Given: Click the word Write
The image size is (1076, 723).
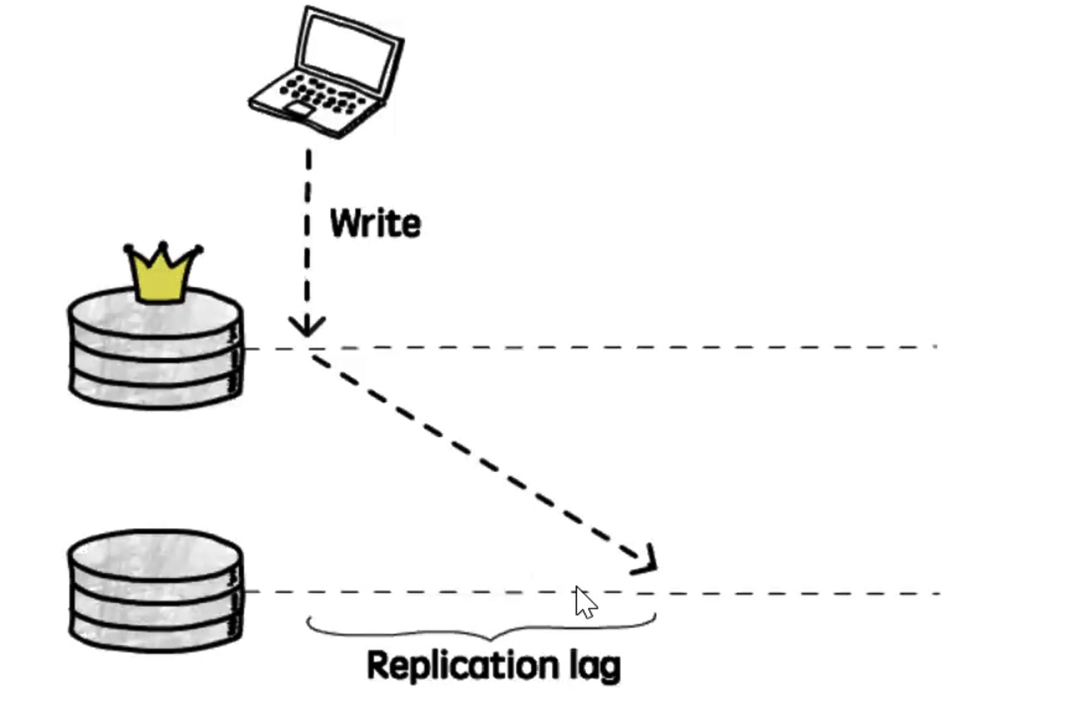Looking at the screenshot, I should click(375, 223).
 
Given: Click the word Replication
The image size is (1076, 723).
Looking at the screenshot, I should click(462, 666).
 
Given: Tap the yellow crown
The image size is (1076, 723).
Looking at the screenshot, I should click(162, 275).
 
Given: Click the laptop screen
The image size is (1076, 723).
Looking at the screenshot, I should click(348, 52).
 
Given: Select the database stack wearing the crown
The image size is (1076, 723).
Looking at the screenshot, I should click(155, 350).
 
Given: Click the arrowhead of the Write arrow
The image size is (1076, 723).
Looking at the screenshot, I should click(306, 327).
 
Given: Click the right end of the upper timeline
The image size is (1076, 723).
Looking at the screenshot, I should click(935, 347).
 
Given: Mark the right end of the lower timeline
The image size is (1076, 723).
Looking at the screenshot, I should click(939, 594).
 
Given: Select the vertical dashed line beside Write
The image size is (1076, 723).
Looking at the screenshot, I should click(308, 235).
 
